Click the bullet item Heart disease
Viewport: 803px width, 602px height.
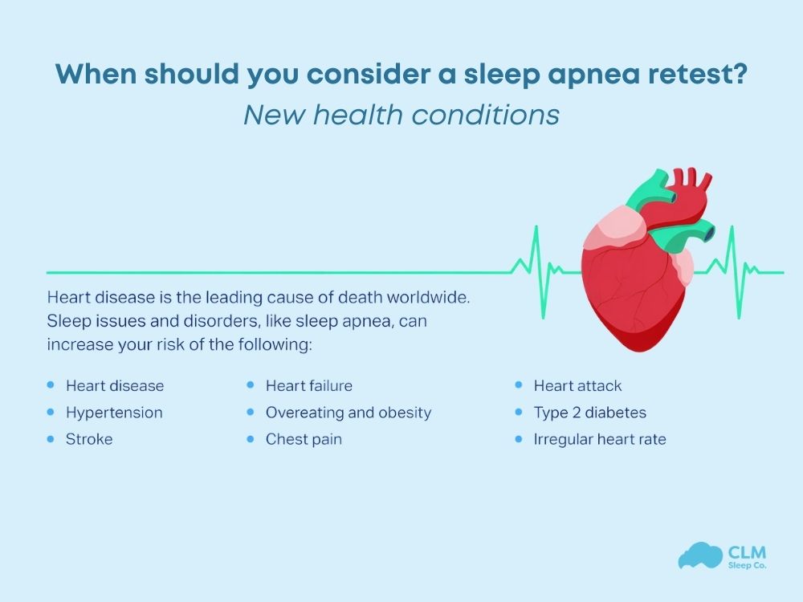click(115, 386)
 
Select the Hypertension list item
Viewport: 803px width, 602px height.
click(114, 413)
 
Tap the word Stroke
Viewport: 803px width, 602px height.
click(89, 439)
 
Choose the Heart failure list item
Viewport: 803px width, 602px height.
click(309, 386)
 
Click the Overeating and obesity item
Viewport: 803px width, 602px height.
click(349, 413)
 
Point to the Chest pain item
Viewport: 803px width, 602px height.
click(304, 439)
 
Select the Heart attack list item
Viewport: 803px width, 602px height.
click(577, 386)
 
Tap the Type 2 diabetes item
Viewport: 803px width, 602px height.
click(589, 413)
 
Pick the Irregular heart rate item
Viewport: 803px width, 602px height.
click(600, 439)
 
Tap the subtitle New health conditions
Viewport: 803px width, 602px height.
click(401, 115)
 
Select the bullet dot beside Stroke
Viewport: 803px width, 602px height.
click(51, 439)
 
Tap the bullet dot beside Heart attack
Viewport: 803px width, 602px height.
click(518, 386)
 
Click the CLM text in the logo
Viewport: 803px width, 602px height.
click(747, 552)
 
